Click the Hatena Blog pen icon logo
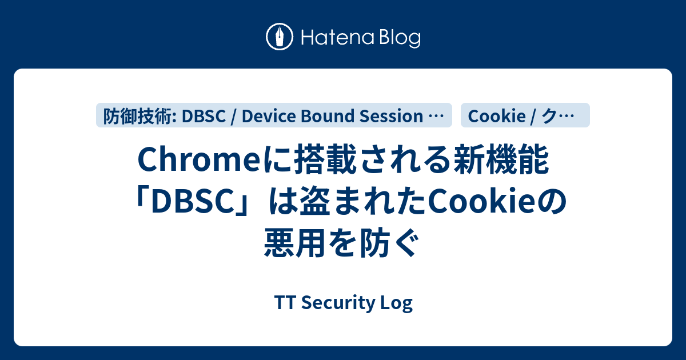point(280,37)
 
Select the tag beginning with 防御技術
point(274,116)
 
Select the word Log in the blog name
point(400,303)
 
